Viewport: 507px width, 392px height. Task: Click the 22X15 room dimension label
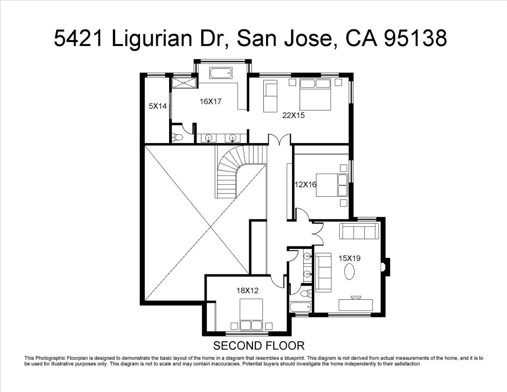tap(293, 115)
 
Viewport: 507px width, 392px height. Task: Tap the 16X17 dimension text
tap(210, 102)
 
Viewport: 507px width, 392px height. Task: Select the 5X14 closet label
tap(158, 106)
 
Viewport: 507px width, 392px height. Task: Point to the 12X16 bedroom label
tap(305, 185)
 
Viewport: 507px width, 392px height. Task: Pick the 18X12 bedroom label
tap(248, 291)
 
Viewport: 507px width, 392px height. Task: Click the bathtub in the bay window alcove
tap(221, 73)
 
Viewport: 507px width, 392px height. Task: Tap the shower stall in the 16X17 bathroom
tap(184, 83)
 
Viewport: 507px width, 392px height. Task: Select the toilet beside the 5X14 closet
tap(177, 137)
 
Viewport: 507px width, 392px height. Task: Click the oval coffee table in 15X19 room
tap(350, 271)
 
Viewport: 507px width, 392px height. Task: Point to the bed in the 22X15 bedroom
tap(315, 94)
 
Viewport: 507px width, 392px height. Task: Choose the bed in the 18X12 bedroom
tap(251, 314)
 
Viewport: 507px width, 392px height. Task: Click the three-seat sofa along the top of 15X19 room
tap(359, 231)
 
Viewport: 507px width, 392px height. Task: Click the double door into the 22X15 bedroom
tap(280, 139)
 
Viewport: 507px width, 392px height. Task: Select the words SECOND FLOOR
tap(259, 346)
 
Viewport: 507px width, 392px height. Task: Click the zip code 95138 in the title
tap(415, 38)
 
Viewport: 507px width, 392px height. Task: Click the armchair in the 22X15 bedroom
tap(271, 96)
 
